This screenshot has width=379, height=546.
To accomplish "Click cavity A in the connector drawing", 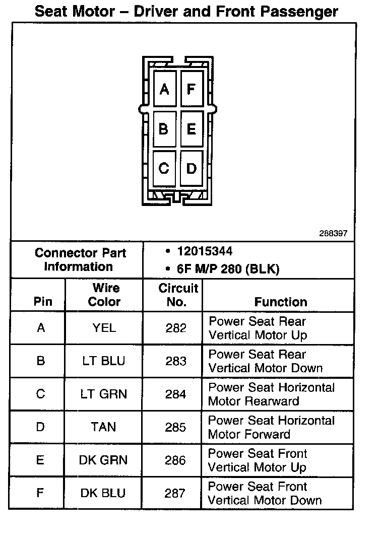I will click(164, 90).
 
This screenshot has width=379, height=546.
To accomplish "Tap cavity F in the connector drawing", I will click(191, 90).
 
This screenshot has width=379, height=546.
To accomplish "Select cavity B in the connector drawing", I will click(164, 129).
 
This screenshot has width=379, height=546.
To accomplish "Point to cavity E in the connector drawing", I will click(191, 129).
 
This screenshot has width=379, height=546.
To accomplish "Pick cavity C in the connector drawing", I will click(164, 168).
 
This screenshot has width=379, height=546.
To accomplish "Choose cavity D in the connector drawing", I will click(191, 168).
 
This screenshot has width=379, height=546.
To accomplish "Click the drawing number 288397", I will click(333, 234).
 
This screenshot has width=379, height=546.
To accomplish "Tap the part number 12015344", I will click(205, 251).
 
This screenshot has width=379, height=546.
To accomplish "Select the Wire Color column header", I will click(105, 295).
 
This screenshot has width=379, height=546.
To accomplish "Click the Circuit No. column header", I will click(178, 295).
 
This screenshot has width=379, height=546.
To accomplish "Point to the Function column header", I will click(281, 302).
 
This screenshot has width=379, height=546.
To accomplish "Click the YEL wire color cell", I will click(104, 328).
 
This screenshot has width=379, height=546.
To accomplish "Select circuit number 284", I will click(175, 394).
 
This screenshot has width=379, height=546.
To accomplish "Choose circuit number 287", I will click(175, 493).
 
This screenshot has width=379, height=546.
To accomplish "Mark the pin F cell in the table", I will click(40, 493).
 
